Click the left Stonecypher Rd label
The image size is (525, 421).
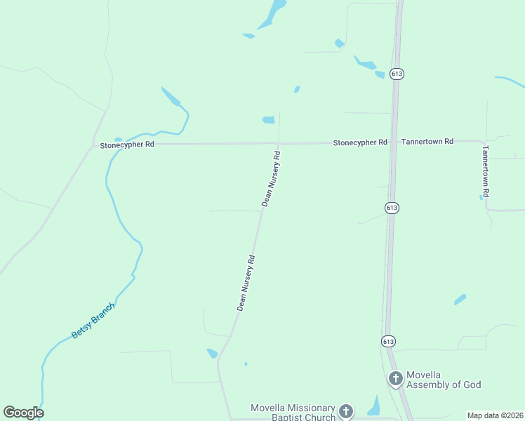126,145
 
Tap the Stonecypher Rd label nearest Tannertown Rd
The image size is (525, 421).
359,142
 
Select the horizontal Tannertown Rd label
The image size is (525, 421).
427,141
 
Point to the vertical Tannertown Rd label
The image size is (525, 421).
484,171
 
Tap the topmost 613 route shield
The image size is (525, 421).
397,74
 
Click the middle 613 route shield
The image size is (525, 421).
392,208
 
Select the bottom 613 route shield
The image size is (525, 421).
388,341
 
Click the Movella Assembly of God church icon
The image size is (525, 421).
396,379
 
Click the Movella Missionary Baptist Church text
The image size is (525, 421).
293,413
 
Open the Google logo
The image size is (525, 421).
23,413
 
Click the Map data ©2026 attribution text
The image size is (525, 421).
495,415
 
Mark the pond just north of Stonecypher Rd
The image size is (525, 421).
269,120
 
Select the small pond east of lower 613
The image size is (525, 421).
460,300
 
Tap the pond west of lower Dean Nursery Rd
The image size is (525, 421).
212,354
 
